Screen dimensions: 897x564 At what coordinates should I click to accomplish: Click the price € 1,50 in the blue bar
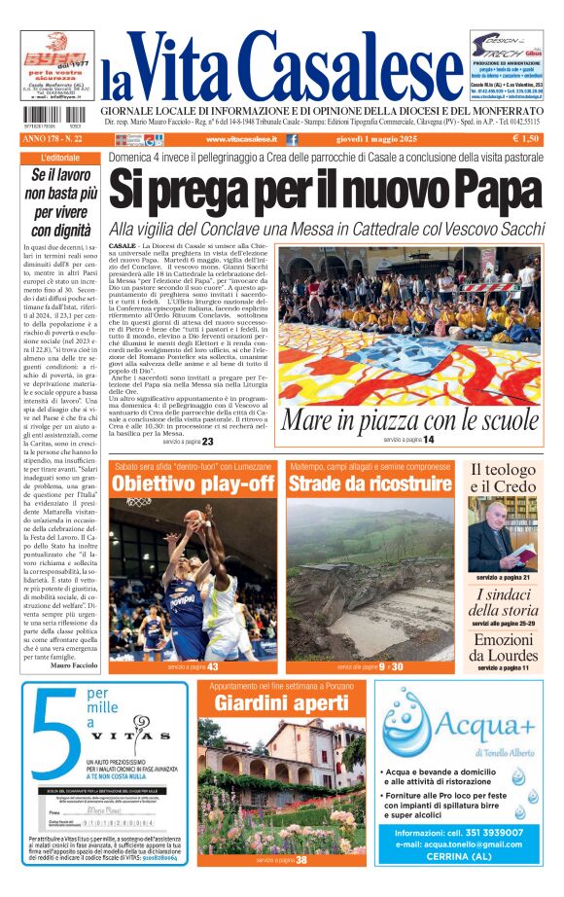[524, 139]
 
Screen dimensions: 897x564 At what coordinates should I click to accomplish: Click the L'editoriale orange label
[61, 158]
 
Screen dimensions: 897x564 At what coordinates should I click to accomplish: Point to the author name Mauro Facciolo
[73, 665]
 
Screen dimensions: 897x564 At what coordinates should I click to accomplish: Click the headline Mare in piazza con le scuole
[409, 421]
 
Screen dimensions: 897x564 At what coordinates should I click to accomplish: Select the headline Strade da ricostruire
[370, 484]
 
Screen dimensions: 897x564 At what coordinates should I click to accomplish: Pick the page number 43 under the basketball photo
[211, 666]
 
